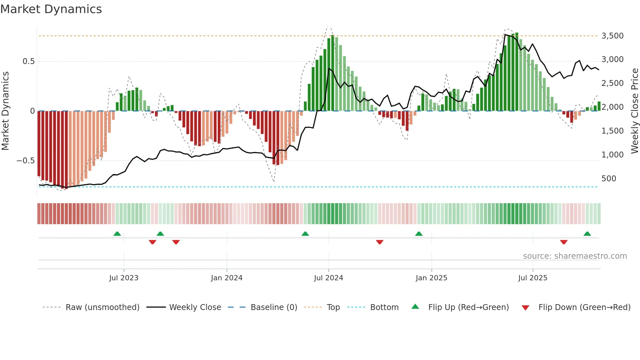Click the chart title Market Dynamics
(x=51, y=9)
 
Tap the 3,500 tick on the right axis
(x=612, y=36)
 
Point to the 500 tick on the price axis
(x=609, y=178)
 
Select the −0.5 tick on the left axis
(x=25, y=160)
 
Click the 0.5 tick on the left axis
(x=28, y=61)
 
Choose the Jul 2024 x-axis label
(x=328, y=278)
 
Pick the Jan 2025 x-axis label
(x=431, y=278)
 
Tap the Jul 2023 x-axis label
(x=124, y=278)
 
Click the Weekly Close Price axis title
(x=634, y=111)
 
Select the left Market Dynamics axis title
(x=5, y=111)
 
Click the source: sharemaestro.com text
(x=575, y=256)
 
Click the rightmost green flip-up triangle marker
(x=587, y=234)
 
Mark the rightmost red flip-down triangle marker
(x=564, y=242)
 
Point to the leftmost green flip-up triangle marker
(x=117, y=234)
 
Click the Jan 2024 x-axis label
(x=227, y=278)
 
